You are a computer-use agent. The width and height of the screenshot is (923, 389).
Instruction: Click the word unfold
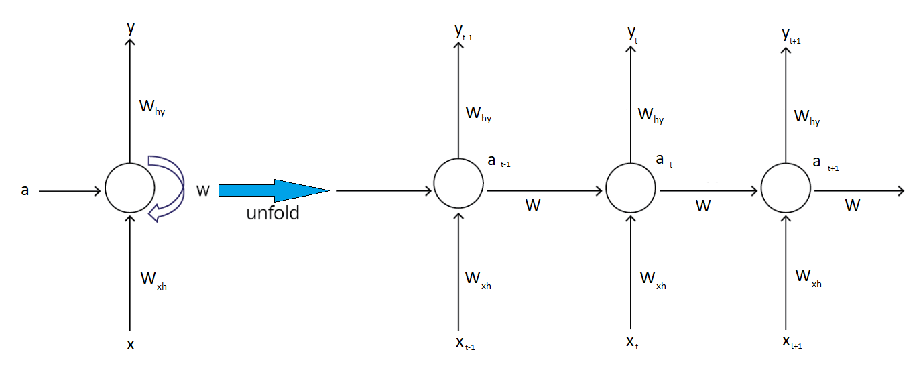(x=273, y=214)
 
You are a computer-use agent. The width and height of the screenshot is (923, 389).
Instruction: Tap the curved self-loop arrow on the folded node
(x=169, y=188)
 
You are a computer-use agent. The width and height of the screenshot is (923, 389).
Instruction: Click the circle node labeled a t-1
(x=458, y=184)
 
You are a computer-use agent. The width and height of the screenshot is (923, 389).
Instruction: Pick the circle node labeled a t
(x=630, y=186)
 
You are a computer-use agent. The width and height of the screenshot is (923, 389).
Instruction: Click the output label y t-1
(x=463, y=33)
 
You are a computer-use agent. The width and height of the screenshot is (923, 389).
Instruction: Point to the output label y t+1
(x=791, y=36)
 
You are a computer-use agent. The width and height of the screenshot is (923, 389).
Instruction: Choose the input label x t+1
(x=792, y=342)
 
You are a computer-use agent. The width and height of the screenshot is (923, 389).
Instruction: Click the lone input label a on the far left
(x=25, y=190)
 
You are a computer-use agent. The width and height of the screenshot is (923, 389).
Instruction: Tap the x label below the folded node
(x=131, y=345)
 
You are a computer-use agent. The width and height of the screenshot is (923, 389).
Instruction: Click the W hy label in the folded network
(x=151, y=107)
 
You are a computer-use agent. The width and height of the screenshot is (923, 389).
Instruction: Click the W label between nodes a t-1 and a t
(x=532, y=205)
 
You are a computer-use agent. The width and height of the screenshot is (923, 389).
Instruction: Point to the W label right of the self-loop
(x=203, y=191)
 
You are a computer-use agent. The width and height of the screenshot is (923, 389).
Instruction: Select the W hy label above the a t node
(x=650, y=115)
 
